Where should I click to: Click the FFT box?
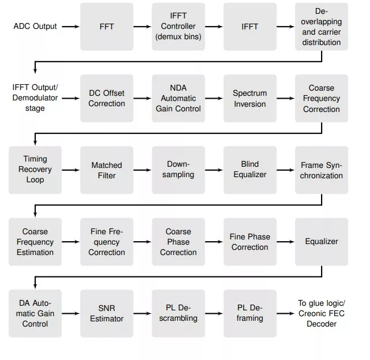tap(107, 27)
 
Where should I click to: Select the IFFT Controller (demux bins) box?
tap(179, 27)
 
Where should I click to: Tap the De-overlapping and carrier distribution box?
tap(322, 27)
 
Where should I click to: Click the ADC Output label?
tap(35, 26)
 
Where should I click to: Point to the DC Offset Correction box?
tap(107, 98)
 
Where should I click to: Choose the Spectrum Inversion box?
tap(250, 98)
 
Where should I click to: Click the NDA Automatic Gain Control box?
tap(179, 98)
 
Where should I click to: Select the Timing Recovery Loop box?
tap(35, 170)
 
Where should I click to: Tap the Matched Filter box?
tap(107, 170)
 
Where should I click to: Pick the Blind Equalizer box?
tap(250, 170)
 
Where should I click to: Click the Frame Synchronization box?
tap(322, 170)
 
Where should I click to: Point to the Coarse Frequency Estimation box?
tap(35, 242)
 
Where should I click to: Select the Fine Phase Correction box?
tap(250, 242)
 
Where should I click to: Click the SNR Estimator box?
tap(107, 313)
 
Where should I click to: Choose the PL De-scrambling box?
tap(179, 313)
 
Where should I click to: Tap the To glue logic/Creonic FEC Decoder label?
tap(322, 313)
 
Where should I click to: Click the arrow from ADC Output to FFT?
tap(71, 27)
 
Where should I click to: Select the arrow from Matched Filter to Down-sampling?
tap(142, 170)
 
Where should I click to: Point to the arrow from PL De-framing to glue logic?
tap(285, 313)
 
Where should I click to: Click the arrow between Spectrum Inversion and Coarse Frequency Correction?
tap(285, 98)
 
